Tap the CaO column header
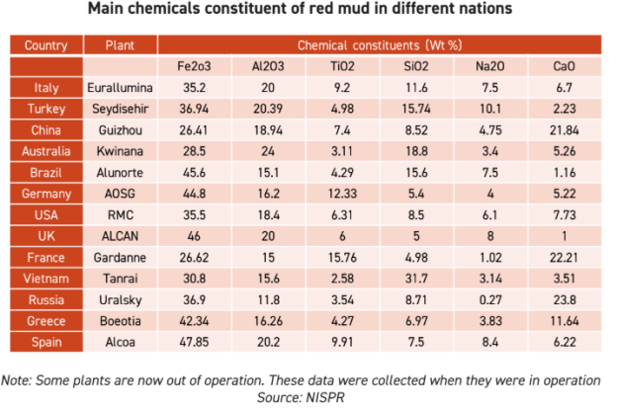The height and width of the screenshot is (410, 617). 566,66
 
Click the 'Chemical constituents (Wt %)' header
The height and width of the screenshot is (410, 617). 379,45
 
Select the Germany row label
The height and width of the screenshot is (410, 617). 46,194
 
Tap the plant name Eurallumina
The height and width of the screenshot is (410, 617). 119,87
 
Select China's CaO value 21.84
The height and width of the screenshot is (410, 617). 566,129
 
